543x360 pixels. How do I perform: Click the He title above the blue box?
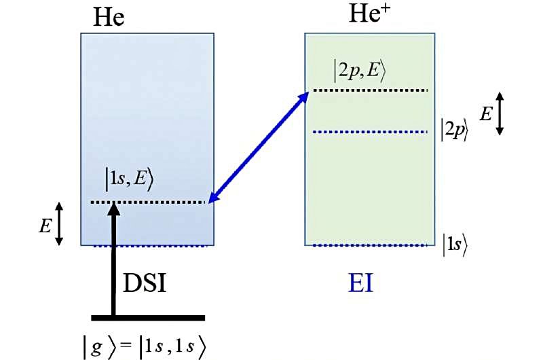coord(109,18)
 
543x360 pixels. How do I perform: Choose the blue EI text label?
coord(360,283)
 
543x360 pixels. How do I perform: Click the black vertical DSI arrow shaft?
coord(114,265)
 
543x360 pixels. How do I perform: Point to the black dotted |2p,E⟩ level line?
coord(367,90)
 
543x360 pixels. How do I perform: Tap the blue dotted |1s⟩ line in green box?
coord(367,245)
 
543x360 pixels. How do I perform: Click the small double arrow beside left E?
coord(59,223)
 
